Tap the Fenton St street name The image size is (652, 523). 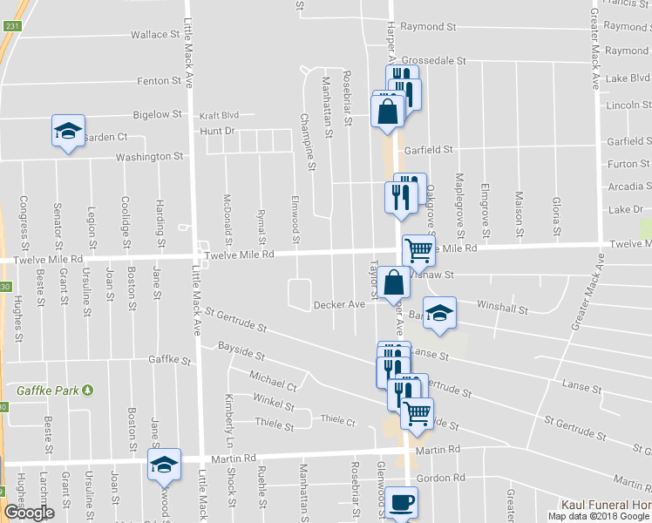click(158, 81)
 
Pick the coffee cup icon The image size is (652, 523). click(402, 503)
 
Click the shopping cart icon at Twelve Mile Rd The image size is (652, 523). click(418, 251)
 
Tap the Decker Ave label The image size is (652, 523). click(339, 305)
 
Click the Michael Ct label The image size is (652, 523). click(273, 380)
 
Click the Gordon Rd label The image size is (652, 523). click(441, 479)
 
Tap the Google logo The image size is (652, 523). click(30, 513)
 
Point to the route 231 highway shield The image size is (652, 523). click(10, 26)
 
